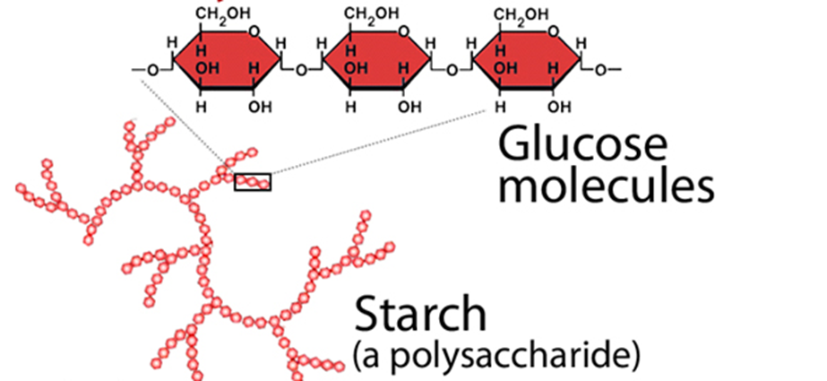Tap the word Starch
(x=421, y=316)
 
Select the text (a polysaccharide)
(x=495, y=355)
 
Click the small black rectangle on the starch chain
(x=252, y=182)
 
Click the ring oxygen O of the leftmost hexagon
(x=254, y=33)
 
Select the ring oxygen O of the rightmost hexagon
(x=554, y=33)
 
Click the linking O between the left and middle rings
(x=301, y=69)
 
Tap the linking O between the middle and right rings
(x=451, y=69)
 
